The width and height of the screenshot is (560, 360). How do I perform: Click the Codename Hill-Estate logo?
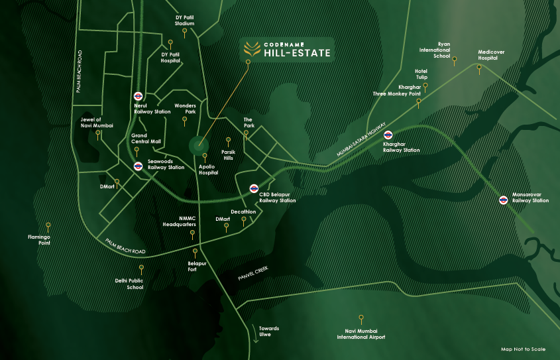pyautogui.click(x=286, y=48)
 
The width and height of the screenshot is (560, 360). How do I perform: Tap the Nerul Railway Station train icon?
pyautogui.click(x=139, y=95)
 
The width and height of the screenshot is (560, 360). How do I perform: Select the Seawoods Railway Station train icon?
pyautogui.click(x=138, y=166)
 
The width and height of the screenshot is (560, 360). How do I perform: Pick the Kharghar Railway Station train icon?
pyautogui.click(x=388, y=135)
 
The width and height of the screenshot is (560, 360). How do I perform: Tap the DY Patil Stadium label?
pyautogui.click(x=184, y=21)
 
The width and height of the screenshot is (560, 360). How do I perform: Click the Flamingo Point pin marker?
pyautogui.click(x=48, y=225)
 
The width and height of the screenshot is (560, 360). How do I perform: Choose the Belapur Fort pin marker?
pyautogui.click(x=195, y=252)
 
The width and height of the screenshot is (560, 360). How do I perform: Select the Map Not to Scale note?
pyautogui.click(x=523, y=349)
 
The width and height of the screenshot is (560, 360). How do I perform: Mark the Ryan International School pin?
pyautogui.click(x=455, y=58)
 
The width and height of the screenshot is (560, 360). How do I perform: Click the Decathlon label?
pyautogui.click(x=244, y=211)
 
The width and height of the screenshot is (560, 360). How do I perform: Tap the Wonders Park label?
pyautogui.click(x=185, y=108)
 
